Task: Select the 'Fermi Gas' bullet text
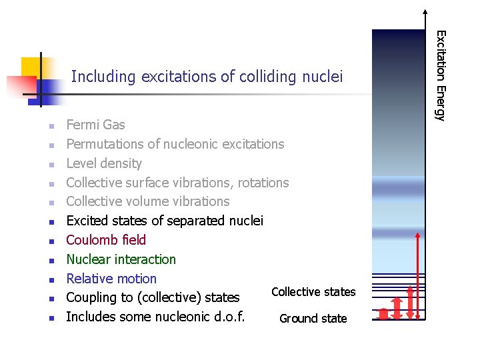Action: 95,125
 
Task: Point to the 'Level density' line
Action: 104,163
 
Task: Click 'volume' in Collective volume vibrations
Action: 153,201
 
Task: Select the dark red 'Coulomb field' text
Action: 106,240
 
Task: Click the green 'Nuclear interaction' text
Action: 121,259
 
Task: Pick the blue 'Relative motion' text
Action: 111,279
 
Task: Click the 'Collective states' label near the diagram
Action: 313,292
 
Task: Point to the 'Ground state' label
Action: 313,319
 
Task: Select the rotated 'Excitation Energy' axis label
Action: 439,76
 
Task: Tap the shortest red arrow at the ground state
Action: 383,313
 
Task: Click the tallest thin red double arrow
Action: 417,275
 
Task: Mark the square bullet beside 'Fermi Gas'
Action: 49,126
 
